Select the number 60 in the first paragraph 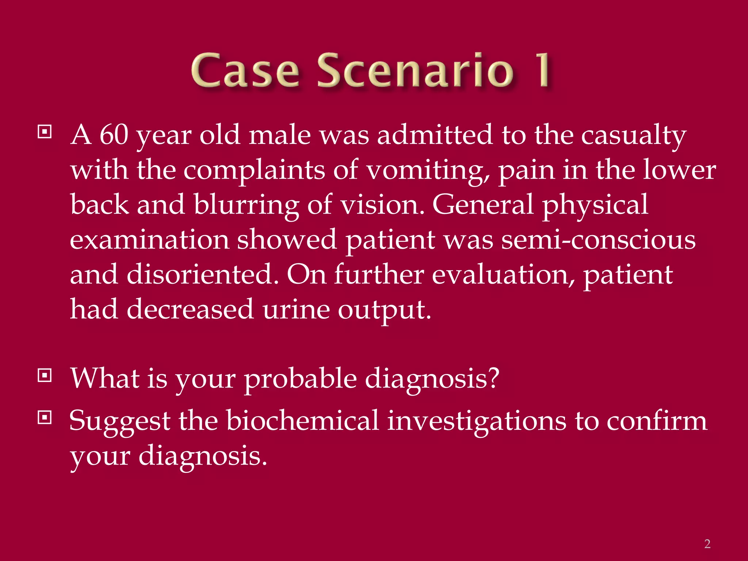114,135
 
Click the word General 483,205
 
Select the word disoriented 202,275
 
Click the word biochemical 302,421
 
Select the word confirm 657,421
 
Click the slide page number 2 707,544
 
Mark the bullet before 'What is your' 45,375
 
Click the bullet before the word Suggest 45,417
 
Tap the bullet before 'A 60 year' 45,132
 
